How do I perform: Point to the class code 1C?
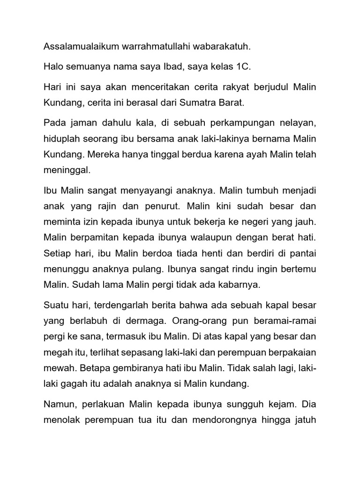[x=242, y=67]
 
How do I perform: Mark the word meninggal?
[x=66, y=171]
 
